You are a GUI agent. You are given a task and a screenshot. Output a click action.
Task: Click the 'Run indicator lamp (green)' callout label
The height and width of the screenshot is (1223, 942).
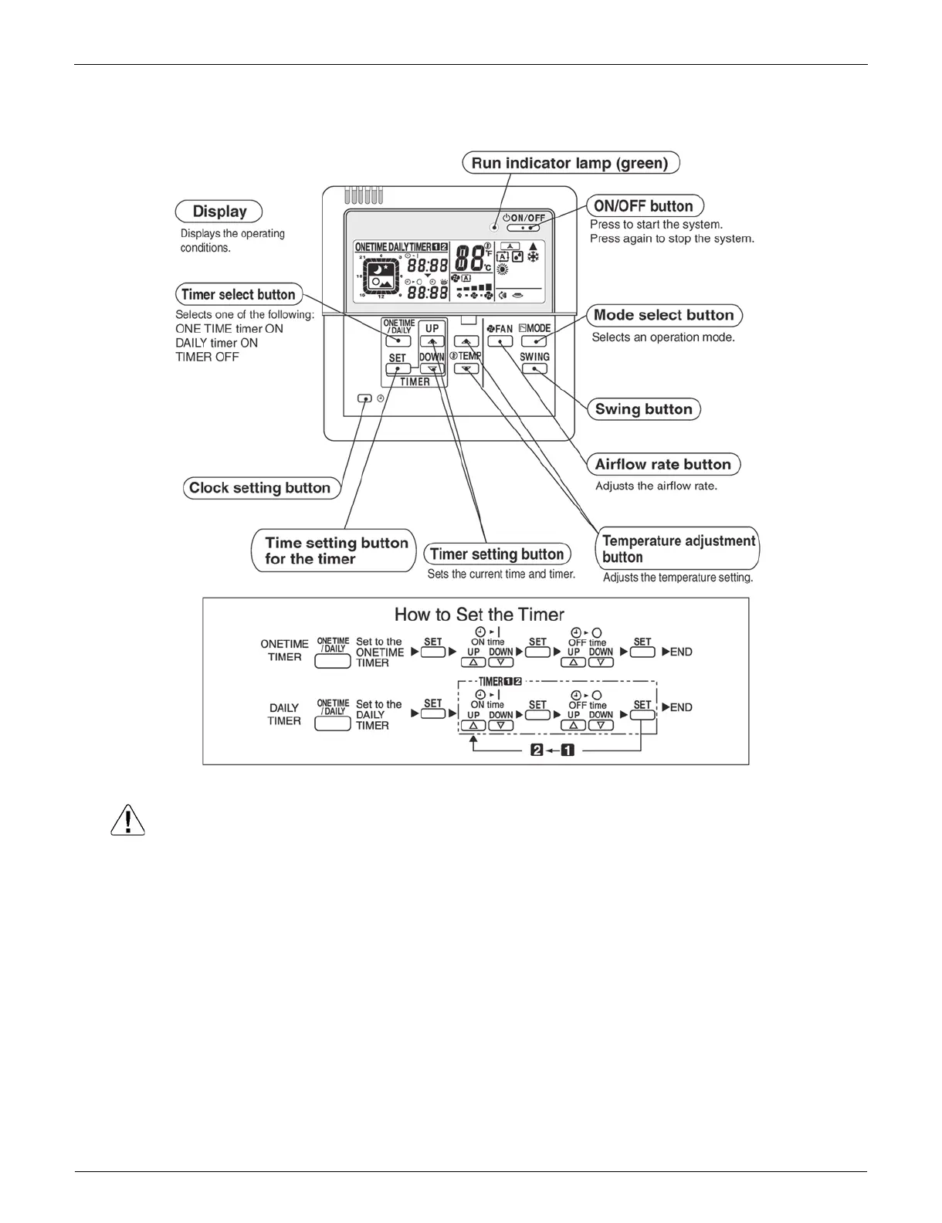(x=570, y=163)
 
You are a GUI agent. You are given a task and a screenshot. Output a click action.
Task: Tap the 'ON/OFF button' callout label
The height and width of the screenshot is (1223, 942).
(x=644, y=206)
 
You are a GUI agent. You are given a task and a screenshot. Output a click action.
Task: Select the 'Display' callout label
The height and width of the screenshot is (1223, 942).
(x=219, y=212)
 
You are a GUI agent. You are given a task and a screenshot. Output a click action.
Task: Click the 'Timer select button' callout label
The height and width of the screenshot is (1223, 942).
(x=238, y=294)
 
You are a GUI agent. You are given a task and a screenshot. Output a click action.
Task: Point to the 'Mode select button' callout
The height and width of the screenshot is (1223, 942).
(x=664, y=315)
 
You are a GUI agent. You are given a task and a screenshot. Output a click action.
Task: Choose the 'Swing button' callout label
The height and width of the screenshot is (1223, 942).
(x=643, y=409)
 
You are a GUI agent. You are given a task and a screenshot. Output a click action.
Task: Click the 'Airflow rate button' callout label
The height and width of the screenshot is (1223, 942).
(x=662, y=464)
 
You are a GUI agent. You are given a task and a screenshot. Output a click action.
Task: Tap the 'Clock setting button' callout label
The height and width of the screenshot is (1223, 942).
(x=260, y=488)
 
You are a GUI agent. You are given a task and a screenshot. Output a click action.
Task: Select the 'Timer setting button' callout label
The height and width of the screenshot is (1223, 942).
(x=496, y=554)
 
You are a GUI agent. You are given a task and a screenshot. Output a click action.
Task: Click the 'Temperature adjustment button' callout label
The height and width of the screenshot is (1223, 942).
(x=678, y=548)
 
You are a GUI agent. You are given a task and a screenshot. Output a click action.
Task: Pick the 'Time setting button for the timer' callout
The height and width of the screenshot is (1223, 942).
(x=334, y=551)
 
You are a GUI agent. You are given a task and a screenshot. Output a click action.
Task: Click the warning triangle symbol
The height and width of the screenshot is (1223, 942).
(x=127, y=820)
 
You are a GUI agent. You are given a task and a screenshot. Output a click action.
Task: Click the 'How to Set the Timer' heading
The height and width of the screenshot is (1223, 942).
(x=479, y=615)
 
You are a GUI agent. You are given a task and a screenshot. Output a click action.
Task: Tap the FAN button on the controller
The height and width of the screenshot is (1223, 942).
(x=500, y=340)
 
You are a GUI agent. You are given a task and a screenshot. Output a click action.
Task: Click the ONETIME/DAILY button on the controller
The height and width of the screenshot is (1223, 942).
(x=398, y=340)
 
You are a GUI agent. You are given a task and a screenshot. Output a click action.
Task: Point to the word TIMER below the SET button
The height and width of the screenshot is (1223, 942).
(x=415, y=381)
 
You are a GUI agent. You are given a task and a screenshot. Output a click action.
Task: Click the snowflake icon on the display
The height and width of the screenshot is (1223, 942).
(x=533, y=256)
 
